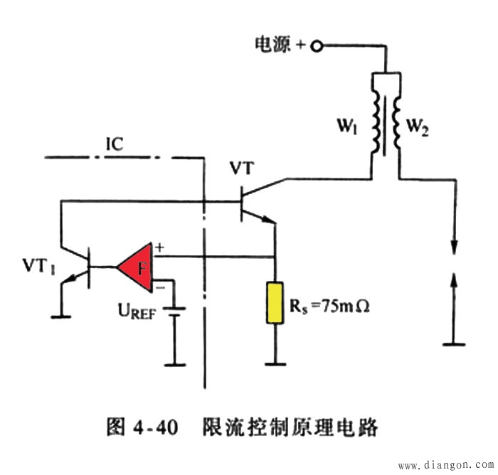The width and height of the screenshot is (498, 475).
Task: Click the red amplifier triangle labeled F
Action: [138, 268]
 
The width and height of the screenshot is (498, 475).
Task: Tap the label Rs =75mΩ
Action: [328, 308]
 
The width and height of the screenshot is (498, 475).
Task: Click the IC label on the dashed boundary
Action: [115, 144]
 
